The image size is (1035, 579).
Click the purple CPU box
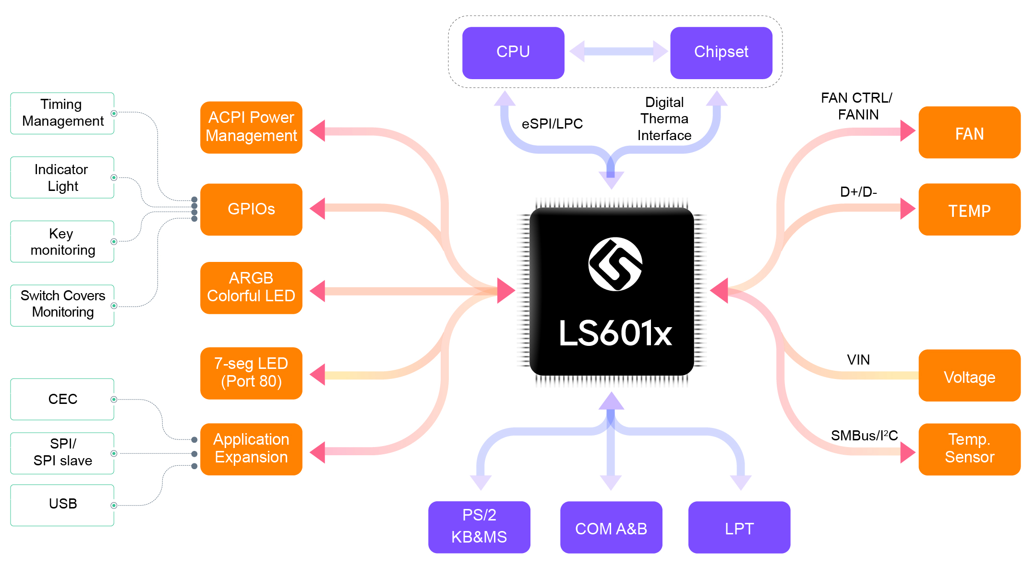coord(513,52)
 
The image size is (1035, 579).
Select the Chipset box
coord(721,52)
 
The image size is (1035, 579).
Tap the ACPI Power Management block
coord(251,127)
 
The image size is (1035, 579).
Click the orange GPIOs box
coord(251,209)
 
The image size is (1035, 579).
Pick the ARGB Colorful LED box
coord(251,287)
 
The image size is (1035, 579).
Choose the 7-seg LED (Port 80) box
coord(251,373)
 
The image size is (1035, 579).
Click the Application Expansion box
coord(251,449)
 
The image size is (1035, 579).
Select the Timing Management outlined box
coord(62,113)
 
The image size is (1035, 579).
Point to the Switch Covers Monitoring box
coord(62,305)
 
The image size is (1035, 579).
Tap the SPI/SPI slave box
coord(62,452)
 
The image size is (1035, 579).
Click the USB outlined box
coord(62,504)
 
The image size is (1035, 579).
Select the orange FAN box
coord(969,132)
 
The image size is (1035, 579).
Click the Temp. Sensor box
coord(969,449)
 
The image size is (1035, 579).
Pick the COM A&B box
coord(611,527)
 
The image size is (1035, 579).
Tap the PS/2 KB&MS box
coord(479,526)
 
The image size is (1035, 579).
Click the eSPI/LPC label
coord(552,124)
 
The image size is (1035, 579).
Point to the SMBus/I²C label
coord(864,436)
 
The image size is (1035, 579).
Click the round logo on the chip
coord(615,264)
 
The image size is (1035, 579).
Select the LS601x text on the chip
coord(615,333)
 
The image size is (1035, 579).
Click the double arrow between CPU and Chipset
coord(618,51)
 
